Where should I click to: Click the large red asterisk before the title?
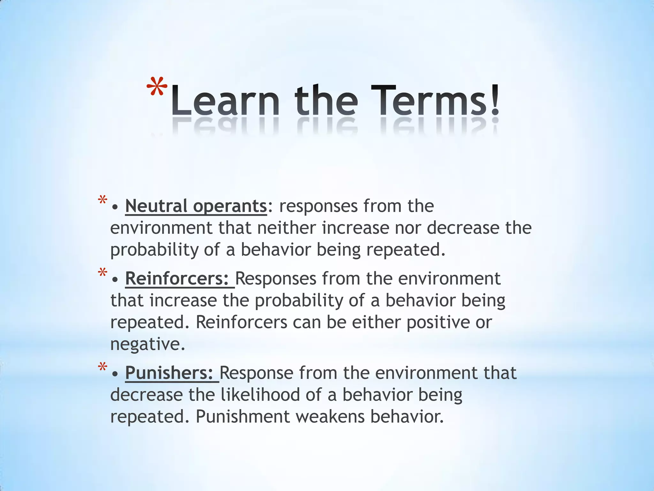pos(157,87)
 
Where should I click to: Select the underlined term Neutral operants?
pos(196,206)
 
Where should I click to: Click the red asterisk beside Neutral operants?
pos(103,201)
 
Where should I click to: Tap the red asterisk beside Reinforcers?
pos(103,273)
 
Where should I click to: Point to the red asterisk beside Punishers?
pos(103,367)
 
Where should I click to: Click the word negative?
pos(147,344)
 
